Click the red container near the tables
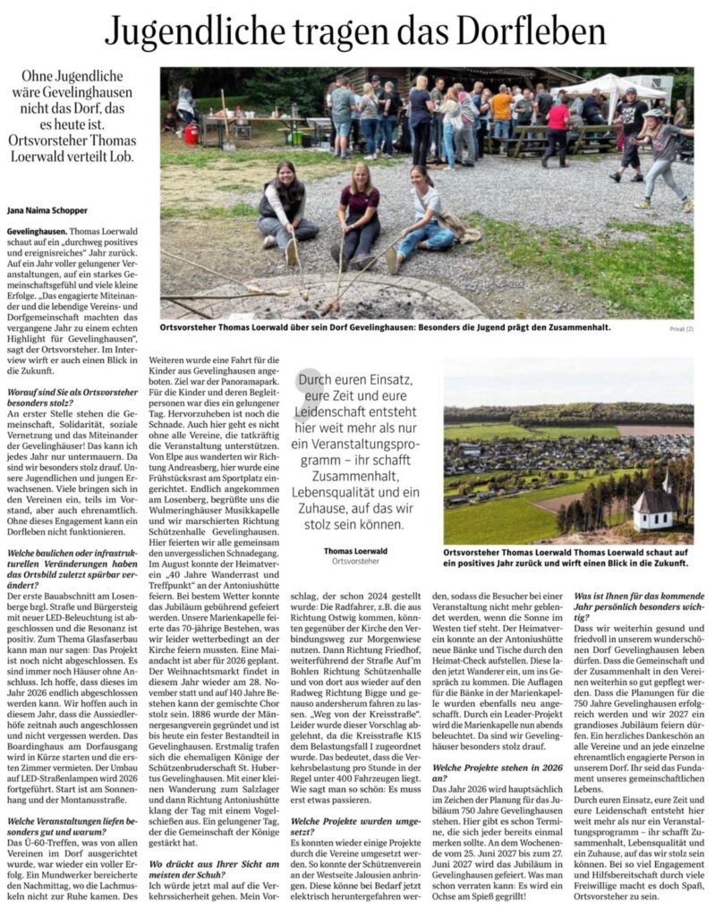[x=191, y=133]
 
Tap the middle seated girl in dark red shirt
[x=362, y=215]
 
